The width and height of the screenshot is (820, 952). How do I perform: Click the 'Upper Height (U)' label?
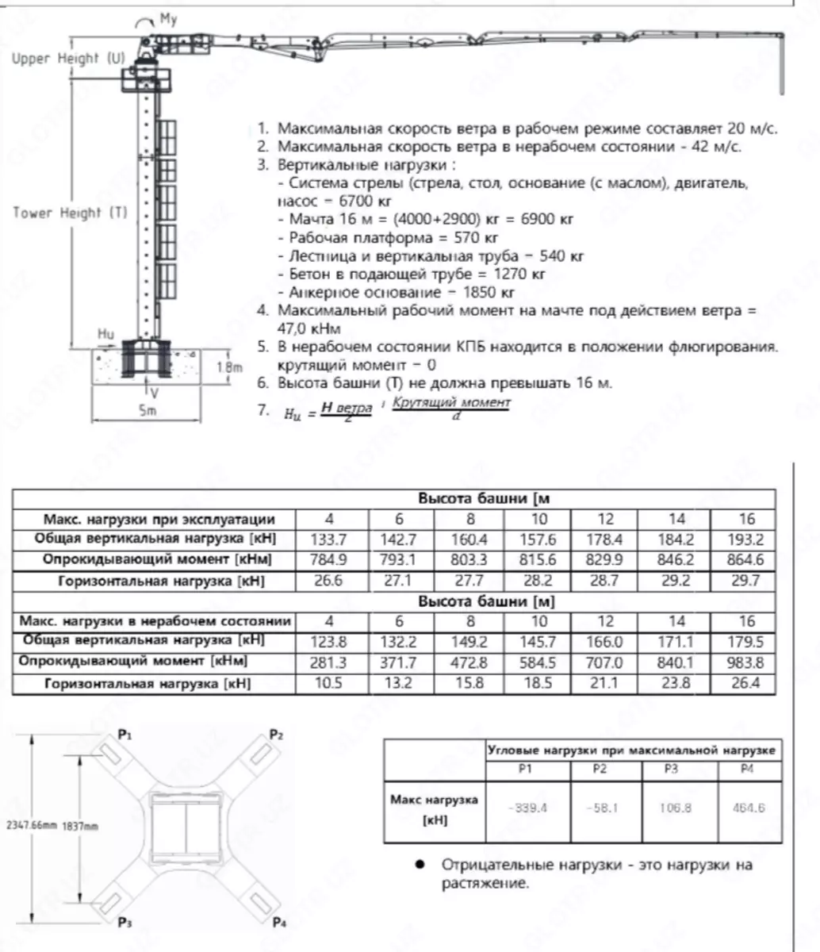click(68, 59)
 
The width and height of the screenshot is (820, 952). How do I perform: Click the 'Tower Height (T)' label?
click(70, 213)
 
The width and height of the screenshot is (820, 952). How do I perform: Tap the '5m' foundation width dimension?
click(148, 410)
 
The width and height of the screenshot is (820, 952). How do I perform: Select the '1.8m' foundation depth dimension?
click(229, 367)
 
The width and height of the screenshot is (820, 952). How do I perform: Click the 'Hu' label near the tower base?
click(105, 335)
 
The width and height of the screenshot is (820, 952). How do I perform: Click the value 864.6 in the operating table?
click(745, 560)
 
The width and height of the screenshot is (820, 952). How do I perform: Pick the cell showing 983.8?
click(745, 662)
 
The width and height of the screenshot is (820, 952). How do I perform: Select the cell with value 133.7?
click(329, 539)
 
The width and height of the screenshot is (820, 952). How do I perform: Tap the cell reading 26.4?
click(745, 683)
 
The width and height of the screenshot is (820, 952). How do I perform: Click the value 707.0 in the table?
click(606, 662)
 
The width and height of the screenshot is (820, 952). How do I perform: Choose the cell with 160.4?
click(470, 539)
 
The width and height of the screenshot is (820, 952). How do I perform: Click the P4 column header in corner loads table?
click(746, 770)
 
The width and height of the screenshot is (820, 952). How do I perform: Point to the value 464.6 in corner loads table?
click(746, 808)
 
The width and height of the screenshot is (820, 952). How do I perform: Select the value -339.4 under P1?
click(527, 808)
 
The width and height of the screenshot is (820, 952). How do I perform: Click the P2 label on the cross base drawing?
click(276, 735)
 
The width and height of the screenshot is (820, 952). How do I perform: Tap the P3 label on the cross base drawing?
click(125, 922)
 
